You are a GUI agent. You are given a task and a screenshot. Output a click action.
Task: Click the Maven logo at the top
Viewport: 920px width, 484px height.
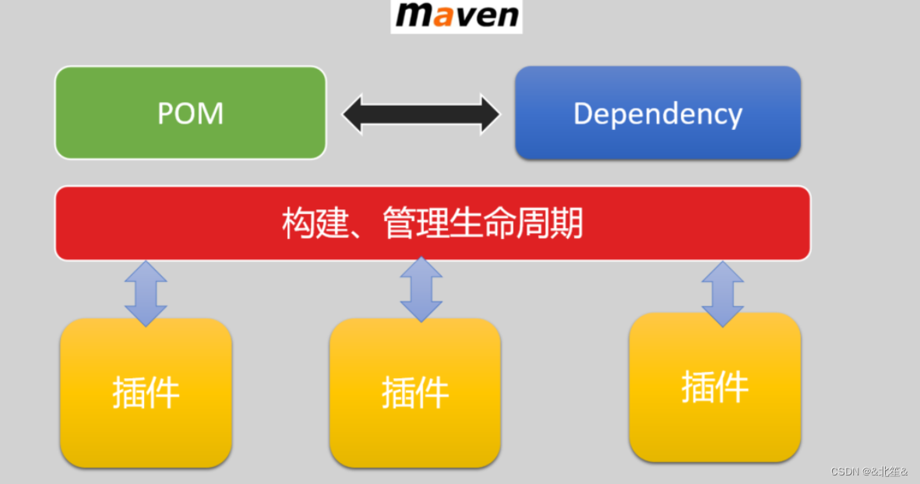pyautogui.click(x=456, y=16)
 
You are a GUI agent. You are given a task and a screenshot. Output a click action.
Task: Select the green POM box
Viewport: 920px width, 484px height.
pyautogui.click(x=190, y=113)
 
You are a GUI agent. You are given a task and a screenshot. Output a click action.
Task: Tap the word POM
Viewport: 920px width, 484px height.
pyautogui.click(x=190, y=114)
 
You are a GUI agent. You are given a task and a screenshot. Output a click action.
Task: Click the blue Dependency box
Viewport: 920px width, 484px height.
pyautogui.click(x=657, y=113)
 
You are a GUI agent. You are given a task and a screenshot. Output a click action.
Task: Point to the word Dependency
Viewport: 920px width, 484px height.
pyautogui.click(x=657, y=114)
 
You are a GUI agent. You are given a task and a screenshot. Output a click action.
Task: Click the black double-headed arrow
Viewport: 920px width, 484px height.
pyautogui.click(x=421, y=114)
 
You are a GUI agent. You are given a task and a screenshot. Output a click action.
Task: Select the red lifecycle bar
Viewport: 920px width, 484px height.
pyautogui.click(x=432, y=223)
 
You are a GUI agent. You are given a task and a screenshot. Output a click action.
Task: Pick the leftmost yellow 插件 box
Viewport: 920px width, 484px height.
pyautogui.click(x=146, y=393)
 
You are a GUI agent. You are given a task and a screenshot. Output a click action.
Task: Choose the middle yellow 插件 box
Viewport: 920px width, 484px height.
pyautogui.click(x=414, y=393)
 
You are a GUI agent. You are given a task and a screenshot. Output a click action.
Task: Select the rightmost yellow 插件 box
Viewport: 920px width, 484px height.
pyautogui.click(x=714, y=387)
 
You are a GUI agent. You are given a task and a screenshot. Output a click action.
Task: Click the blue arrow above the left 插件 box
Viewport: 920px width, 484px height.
pyautogui.click(x=146, y=293)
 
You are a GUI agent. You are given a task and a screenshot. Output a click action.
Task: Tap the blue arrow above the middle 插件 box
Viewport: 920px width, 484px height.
pyautogui.click(x=421, y=289)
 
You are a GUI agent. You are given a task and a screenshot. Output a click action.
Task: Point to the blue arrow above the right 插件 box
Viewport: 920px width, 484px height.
pyautogui.click(x=722, y=293)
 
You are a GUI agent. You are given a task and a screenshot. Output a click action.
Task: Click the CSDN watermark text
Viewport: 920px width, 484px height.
pyautogui.click(x=869, y=472)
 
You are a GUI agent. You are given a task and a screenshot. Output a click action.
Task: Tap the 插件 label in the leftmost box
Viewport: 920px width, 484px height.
pyautogui.click(x=146, y=392)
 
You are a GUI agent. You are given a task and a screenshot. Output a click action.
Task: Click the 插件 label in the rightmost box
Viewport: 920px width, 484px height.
pyautogui.click(x=714, y=387)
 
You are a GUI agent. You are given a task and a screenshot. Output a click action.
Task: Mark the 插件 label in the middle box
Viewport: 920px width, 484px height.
pyautogui.click(x=414, y=392)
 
